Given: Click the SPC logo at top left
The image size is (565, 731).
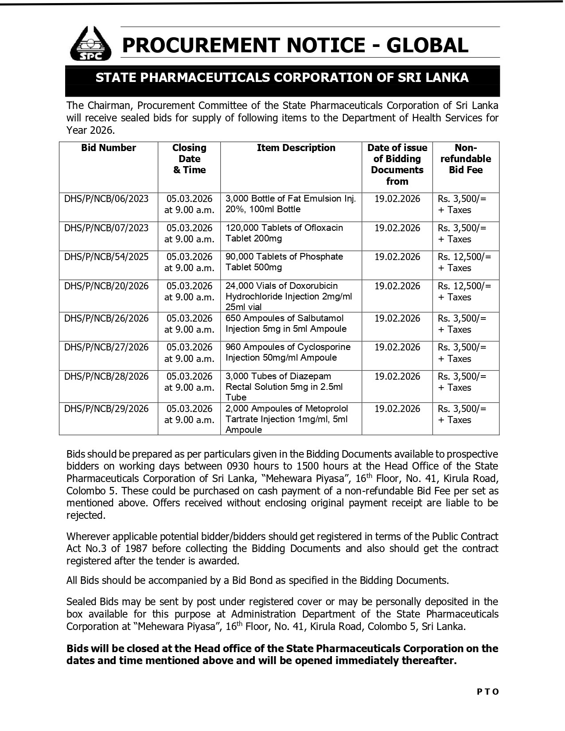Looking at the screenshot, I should pos(91,44).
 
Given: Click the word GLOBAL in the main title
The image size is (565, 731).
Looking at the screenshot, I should pos(427,45).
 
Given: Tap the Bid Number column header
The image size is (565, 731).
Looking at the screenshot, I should pos(108,148).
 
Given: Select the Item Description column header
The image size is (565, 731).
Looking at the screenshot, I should pos(296,148).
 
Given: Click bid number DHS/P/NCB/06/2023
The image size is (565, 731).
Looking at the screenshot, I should pos(106,199).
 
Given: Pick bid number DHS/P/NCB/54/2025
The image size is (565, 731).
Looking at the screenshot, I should pos(106,257).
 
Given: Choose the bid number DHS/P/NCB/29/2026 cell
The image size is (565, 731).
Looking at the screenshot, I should pos(106,409).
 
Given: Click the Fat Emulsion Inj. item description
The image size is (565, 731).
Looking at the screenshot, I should pos(290,204).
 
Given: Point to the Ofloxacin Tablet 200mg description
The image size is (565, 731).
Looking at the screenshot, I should pos(284,233).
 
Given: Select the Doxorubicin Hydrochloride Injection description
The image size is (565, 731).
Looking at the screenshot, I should pos(288,296).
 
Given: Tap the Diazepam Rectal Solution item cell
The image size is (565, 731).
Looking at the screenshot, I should pos(284,387).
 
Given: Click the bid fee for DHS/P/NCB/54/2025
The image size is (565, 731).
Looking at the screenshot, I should pos(464,262).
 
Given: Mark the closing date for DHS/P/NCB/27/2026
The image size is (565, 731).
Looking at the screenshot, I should pos(189,353).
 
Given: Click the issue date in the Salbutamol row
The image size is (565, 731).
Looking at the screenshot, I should pos(397,319).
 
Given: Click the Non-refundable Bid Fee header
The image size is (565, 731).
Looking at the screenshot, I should pos(465,159).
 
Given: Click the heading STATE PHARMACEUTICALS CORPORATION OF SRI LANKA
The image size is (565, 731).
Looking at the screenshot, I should pos(282,78).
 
